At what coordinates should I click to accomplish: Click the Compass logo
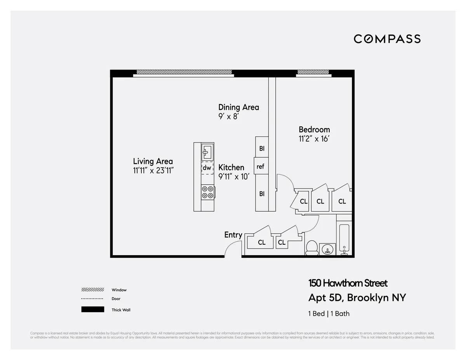coord(387,39)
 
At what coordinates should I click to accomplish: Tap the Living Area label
coord(153,161)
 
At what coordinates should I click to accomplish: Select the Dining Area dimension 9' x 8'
coord(228,116)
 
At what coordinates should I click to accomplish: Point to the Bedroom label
coord(314,129)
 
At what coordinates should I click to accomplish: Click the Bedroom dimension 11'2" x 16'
coord(314,139)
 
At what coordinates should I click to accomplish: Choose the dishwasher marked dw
coord(207,168)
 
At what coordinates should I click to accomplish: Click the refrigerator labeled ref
coord(261,167)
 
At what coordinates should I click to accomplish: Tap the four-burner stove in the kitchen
coord(207,192)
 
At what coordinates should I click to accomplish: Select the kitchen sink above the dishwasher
coord(207,151)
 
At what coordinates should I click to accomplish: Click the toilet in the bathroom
coord(312,247)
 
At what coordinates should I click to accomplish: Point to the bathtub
coord(344,238)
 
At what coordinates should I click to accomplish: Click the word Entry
coord(233,235)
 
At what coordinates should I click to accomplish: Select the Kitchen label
coord(231,167)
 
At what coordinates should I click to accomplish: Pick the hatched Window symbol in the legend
coord(92,290)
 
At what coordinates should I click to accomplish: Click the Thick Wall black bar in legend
coord(92,310)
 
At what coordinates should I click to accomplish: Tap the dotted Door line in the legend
coord(92,299)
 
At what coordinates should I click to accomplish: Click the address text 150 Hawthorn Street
coord(348,283)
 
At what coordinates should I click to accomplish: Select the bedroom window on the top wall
coord(313,72)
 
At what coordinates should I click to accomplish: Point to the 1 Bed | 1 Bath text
coord(329,313)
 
